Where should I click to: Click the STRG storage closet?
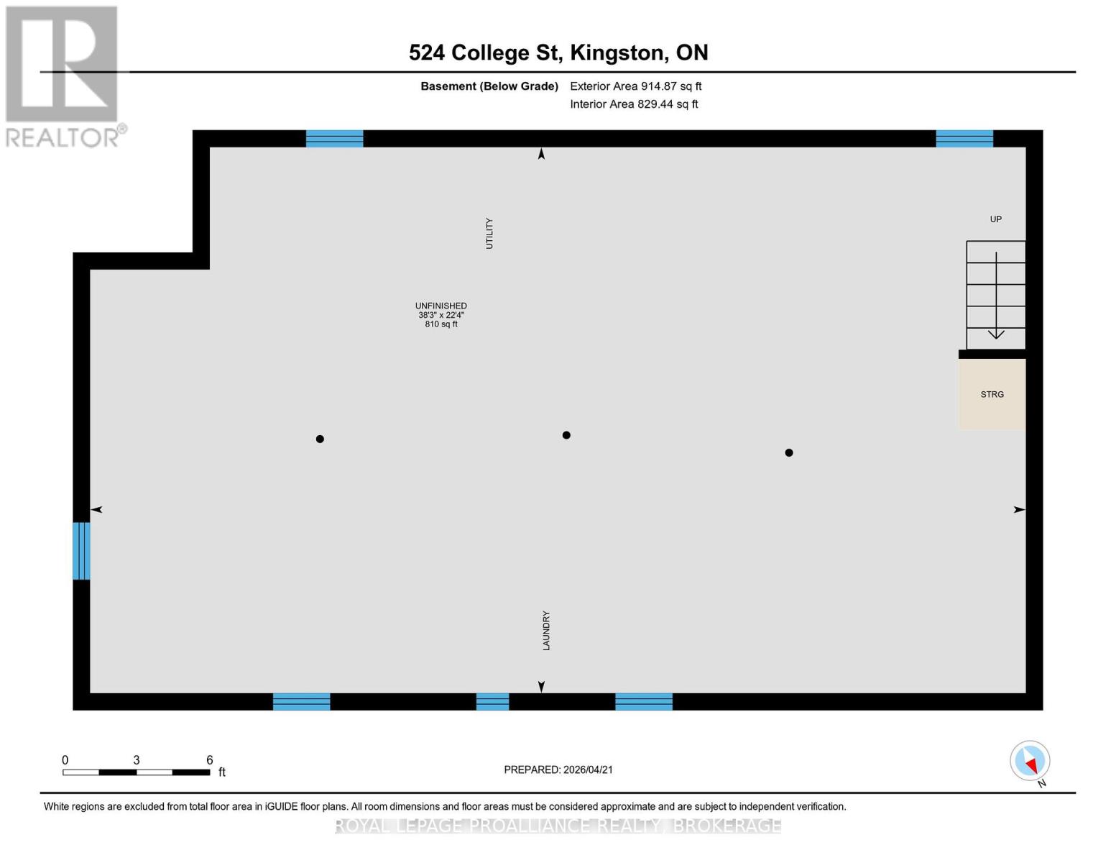click(x=992, y=394)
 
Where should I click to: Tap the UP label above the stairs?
click(x=995, y=219)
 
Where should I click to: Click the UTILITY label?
click(x=489, y=234)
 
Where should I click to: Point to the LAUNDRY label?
click(x=546, y=631)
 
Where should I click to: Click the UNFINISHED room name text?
click(x=441, y=306)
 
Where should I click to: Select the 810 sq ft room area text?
click(x=441, y=324)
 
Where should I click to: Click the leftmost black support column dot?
click(x=320, y=439)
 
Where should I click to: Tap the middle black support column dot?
click(x=566, y=435)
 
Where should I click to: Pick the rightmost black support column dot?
click(x=789, y=452)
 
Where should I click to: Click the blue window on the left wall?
click(x=81, y=551)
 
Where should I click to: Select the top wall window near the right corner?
click(x=964, y=139)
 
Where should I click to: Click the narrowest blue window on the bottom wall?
click(x=492, y=701)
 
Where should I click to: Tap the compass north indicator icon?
click(x=1030, y=761)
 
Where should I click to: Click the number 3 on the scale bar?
click(x=136, y=760)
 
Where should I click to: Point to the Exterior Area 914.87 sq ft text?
click(x=635, y=86)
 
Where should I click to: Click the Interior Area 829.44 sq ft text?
click(x=634, y=104)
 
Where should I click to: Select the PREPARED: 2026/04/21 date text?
click(x=558, y=770)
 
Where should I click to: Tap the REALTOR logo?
click(x=63, y=76)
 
